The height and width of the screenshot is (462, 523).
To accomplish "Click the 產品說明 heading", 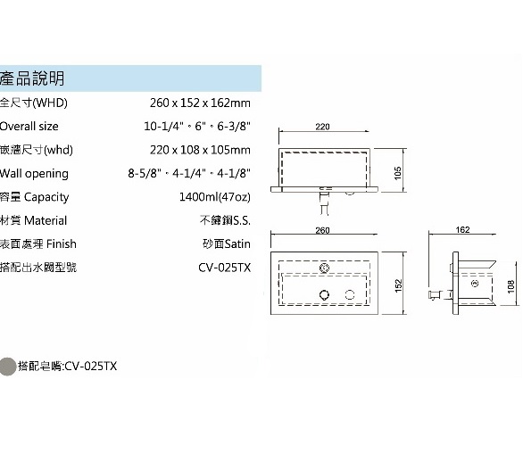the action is click(x=32, y=78).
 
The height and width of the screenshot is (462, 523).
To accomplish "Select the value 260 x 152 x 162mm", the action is click(x=200, y=103).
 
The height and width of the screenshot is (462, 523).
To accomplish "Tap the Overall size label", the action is click(x=29, y=127).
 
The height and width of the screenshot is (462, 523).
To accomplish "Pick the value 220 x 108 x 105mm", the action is click(x=200, y=150).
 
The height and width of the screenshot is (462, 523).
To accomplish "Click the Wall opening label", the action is click(x=34, y=174).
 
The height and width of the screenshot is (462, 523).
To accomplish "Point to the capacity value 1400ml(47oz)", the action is click(x=215, y=197).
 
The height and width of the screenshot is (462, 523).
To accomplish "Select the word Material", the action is click(x=46, y=220).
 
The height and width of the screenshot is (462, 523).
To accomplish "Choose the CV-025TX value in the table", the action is click(x=225, y=268).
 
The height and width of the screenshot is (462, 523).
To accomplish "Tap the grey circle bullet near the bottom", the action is click(x=7, y=367).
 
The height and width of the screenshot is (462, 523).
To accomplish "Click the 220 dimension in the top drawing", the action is click(x=322, y=127).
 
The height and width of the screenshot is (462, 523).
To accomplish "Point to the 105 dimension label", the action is click(x=397, y=173).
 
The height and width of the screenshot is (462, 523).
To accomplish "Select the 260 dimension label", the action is click(x=322, y=230).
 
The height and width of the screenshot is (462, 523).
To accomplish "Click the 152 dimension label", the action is click(x=398, y=285).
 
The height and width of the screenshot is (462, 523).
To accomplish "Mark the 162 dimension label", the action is click(x=462, y=230).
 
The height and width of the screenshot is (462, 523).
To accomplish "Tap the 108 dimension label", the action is click(x=511, y=286).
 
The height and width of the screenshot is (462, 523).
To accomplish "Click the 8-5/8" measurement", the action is click(x=144, y=173).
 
